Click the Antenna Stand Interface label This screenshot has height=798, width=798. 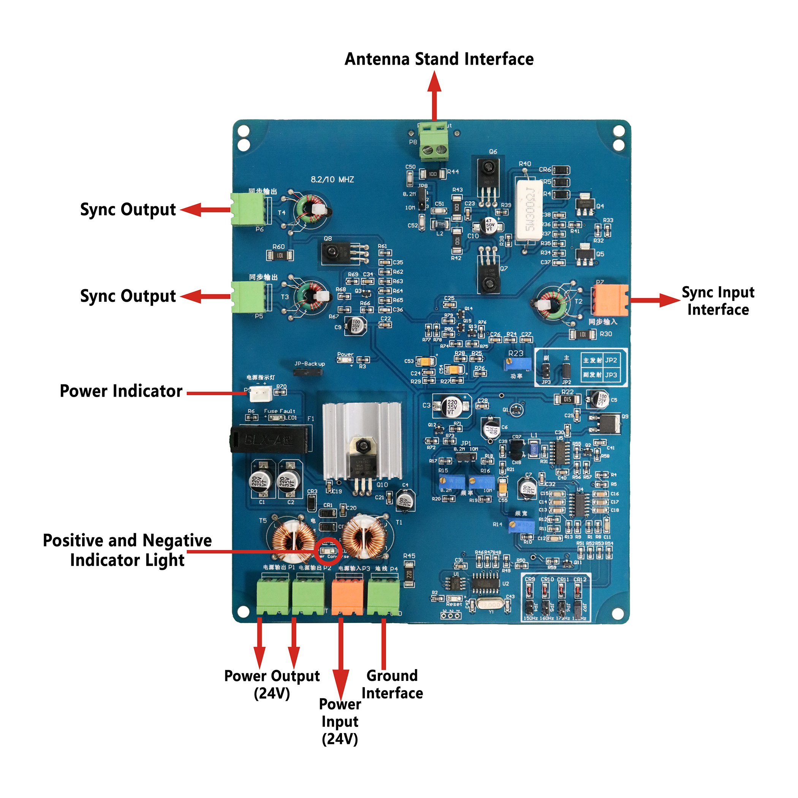[x=439, y=59]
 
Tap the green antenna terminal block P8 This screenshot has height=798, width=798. [x=434, y=142]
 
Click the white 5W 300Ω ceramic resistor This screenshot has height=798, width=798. [x=529, y=211]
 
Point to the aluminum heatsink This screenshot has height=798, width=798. [x=362, y=440]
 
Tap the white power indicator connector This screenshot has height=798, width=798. [x=261, y=393]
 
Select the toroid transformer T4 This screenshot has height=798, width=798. [x=310, y=211]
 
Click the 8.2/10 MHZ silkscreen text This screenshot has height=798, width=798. [x=332, y=180]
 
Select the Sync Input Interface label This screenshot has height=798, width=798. [x=718, y=301]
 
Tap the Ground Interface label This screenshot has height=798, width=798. [x=392, y=684]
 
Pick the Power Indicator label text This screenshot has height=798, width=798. [x=121, y=391]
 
